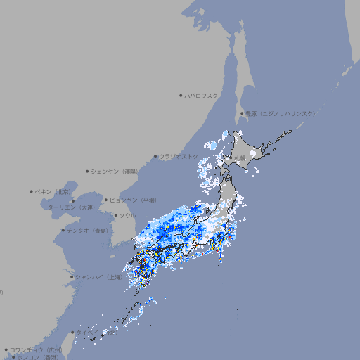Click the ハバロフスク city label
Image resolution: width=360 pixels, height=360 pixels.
click(202, 95)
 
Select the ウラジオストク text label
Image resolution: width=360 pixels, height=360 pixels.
click(179, 156)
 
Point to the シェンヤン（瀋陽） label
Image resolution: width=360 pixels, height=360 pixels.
click(115, 171)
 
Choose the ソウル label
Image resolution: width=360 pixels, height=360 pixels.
click(127, 215)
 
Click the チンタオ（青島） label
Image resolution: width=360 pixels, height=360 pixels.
click(87, 230)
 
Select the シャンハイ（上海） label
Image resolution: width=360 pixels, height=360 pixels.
click(98, 277)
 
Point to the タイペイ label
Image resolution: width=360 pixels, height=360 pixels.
click(88, 333)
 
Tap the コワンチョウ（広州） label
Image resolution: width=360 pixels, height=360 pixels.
click(35, 349)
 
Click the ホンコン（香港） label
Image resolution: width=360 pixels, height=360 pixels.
click(35, 357)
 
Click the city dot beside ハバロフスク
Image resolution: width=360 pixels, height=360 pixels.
click(181, 95)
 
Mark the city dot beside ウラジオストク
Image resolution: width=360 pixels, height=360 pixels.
click(155, 156)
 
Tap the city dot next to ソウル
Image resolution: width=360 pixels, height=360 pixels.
click(115, 215)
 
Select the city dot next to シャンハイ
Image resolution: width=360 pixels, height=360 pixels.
click(72, 277)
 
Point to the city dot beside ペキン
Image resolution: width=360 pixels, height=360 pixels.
click(32, 191)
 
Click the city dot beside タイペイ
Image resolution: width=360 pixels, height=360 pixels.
click(72, 333)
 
